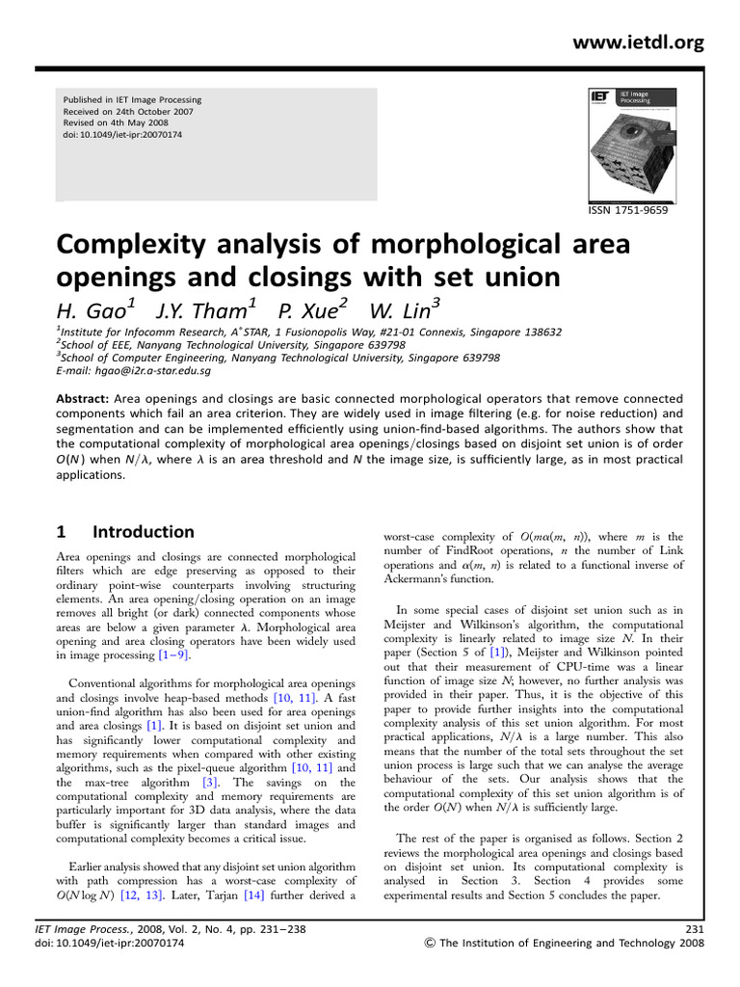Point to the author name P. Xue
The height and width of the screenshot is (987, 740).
click(x=311, y=311)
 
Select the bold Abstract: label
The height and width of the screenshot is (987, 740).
click(x=84, y=398)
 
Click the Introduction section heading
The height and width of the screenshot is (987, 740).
click(x=144, y=532)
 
